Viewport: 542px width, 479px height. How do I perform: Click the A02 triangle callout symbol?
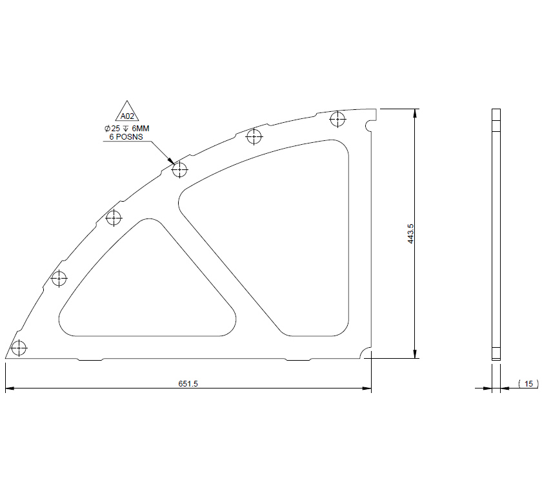[x=127, y=112]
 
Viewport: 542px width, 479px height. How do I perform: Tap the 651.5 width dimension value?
[x=188, y=384]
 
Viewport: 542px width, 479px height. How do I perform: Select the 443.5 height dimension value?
[x=410, y=233]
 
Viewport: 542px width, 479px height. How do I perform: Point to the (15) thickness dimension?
[x=528, y=384]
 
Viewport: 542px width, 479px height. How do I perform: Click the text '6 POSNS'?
[x=125, y=137]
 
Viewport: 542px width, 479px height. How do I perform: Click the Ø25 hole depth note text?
[x=126, y=129]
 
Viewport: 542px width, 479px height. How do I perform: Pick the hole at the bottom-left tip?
[x=19, y=348]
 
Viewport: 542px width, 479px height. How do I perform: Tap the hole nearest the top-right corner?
[x=337, y=119]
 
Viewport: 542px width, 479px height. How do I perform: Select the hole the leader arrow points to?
[x=179, y=170]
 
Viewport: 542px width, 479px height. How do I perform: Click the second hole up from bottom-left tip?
[x=59, y=279]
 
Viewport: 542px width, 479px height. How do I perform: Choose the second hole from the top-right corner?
[x=254, y=136]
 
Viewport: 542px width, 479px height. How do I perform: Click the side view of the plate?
[x=496, y=233]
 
